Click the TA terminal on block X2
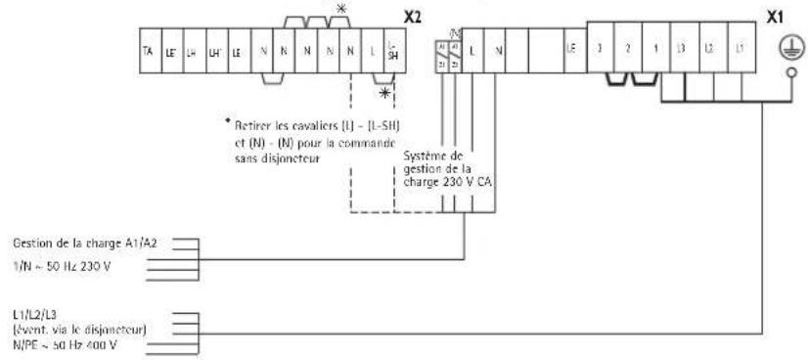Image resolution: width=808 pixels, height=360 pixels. coord(148,47)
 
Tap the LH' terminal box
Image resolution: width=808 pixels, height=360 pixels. coord(212,47)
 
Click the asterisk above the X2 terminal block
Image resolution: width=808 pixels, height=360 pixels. coord(340,9)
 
